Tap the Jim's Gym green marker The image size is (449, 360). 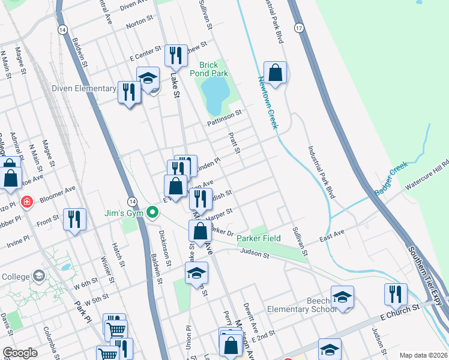pyautogui.click(x=152, y=212)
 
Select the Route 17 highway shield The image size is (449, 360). pyautogui.click(x=298, y=28)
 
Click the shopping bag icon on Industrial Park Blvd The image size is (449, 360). pyautogui.click(x=275, y=73)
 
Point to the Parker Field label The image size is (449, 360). pyautogui.click(x=258, y=238)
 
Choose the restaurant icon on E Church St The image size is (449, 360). pyautogui.click(x=396, y=295)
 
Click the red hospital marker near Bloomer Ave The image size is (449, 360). pyautogui.click(x=26, y=202)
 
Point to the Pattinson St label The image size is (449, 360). pyautogui.click(x=224, y=112)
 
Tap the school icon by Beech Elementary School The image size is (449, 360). pyautogui.click(x=342, y=297)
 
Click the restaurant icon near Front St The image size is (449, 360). pyautogui.click(x=74, y=219)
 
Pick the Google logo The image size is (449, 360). pyautogui.click(x=20, y=353)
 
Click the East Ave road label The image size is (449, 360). pyautogui.click(x=331, y=233)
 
